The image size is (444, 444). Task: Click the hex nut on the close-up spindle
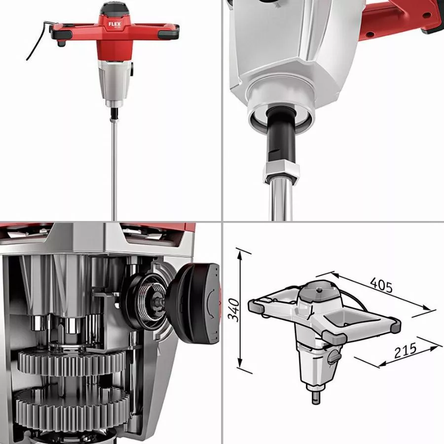click(280, 170)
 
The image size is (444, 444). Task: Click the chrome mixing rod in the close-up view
click(280, 200)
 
